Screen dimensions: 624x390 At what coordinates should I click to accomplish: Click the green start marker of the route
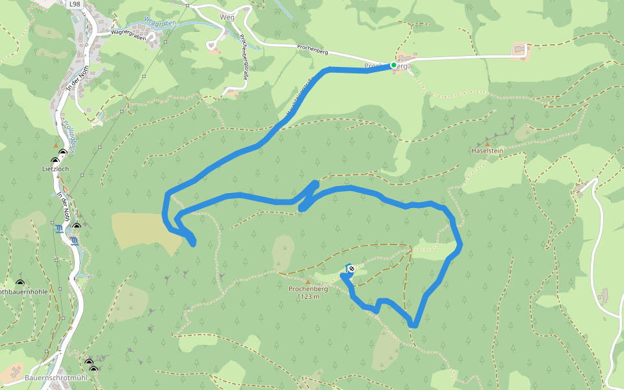pyautogui.click(x=394, y=65)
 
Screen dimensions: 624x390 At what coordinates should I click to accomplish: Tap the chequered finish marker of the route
pyautogui.click(x=352, y=268)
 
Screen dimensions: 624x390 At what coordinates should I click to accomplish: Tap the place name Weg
pyautogui.click(x=227, y=17)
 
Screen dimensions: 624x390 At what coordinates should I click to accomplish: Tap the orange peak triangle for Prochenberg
pyautogui.click(x=308, y=282)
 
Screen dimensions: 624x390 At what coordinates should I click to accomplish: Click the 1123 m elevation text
pyautogui.click(x=308, y=296)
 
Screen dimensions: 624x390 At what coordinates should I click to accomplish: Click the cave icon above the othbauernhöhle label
pyautogui.click(x=19, y=283)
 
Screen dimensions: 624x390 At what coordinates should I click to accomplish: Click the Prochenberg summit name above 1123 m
pyautogui.click(x=308, y=289)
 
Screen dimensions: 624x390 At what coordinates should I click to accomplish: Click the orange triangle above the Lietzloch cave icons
pyautogui.click(x=56, y=145)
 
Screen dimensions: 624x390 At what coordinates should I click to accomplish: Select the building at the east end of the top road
pyautogui.click(x=520, y=50)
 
